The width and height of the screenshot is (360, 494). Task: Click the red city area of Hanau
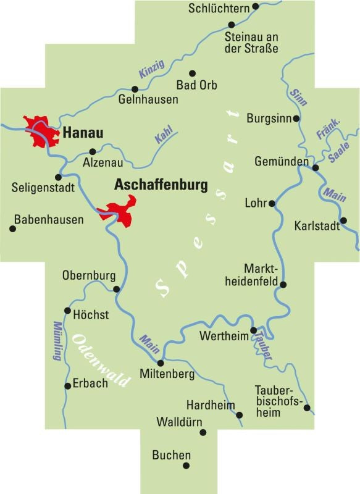tap(38, 131)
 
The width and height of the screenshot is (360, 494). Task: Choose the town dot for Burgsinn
tap(296, 118)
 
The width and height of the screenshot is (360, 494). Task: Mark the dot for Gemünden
tap(315, 167)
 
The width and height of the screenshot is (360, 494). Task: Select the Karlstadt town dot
tap(344, 220)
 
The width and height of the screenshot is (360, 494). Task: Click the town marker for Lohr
tap(272, 203)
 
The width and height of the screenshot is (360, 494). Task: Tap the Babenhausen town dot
tap(12, 228)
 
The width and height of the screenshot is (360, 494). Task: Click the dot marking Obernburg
tap(116, 288)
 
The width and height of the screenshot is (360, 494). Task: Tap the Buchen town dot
tap(186, 466)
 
